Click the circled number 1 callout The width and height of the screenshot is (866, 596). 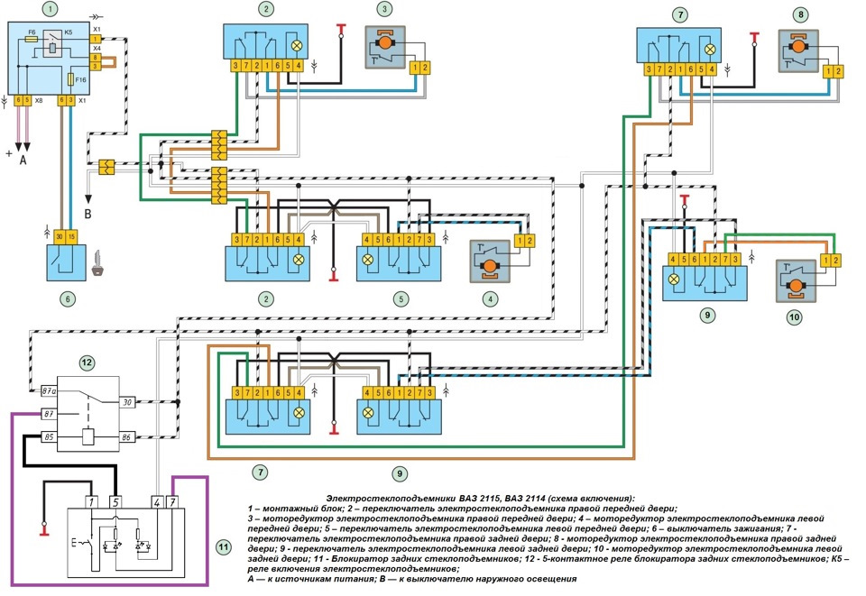click(51, 11)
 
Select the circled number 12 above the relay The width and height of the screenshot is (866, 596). click(87, 362)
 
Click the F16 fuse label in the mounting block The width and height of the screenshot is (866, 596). click(81, 80)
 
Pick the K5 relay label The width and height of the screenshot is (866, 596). click(68, 32)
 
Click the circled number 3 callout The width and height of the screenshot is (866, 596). click(385, 11)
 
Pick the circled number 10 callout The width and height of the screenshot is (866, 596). click(794, 317)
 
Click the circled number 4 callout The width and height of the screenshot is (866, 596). click(490, 298)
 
